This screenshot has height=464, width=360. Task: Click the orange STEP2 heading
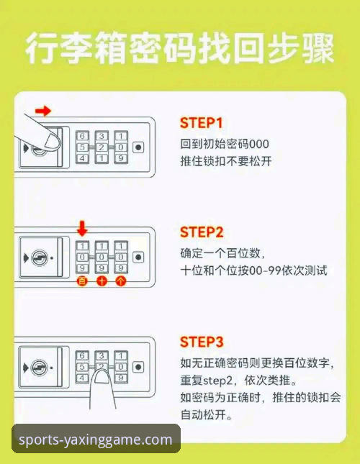[x=202, y=232]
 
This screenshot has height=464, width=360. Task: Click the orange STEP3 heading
[x=202, y=342]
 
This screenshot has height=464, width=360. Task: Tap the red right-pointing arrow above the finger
[x=43, y=111]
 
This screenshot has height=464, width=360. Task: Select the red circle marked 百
[x=82, y=281]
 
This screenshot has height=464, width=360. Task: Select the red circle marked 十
[x=102, y=281]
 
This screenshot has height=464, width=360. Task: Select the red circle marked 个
[x=120, y=281]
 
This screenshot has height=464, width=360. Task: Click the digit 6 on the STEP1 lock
[x=83, y=136]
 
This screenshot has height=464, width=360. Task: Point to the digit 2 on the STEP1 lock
[x=102, y=147]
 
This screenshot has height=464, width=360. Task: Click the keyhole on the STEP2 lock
[x=42, y=257]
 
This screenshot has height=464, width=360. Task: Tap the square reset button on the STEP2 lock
[x=138, y=257]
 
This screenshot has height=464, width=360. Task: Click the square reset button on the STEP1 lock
[x=138, y=147]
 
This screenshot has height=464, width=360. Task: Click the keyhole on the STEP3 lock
[x=42, y=367]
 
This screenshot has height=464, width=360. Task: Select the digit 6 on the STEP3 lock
[x=83, y=356]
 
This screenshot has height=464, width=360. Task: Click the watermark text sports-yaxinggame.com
[x=96, y=440]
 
